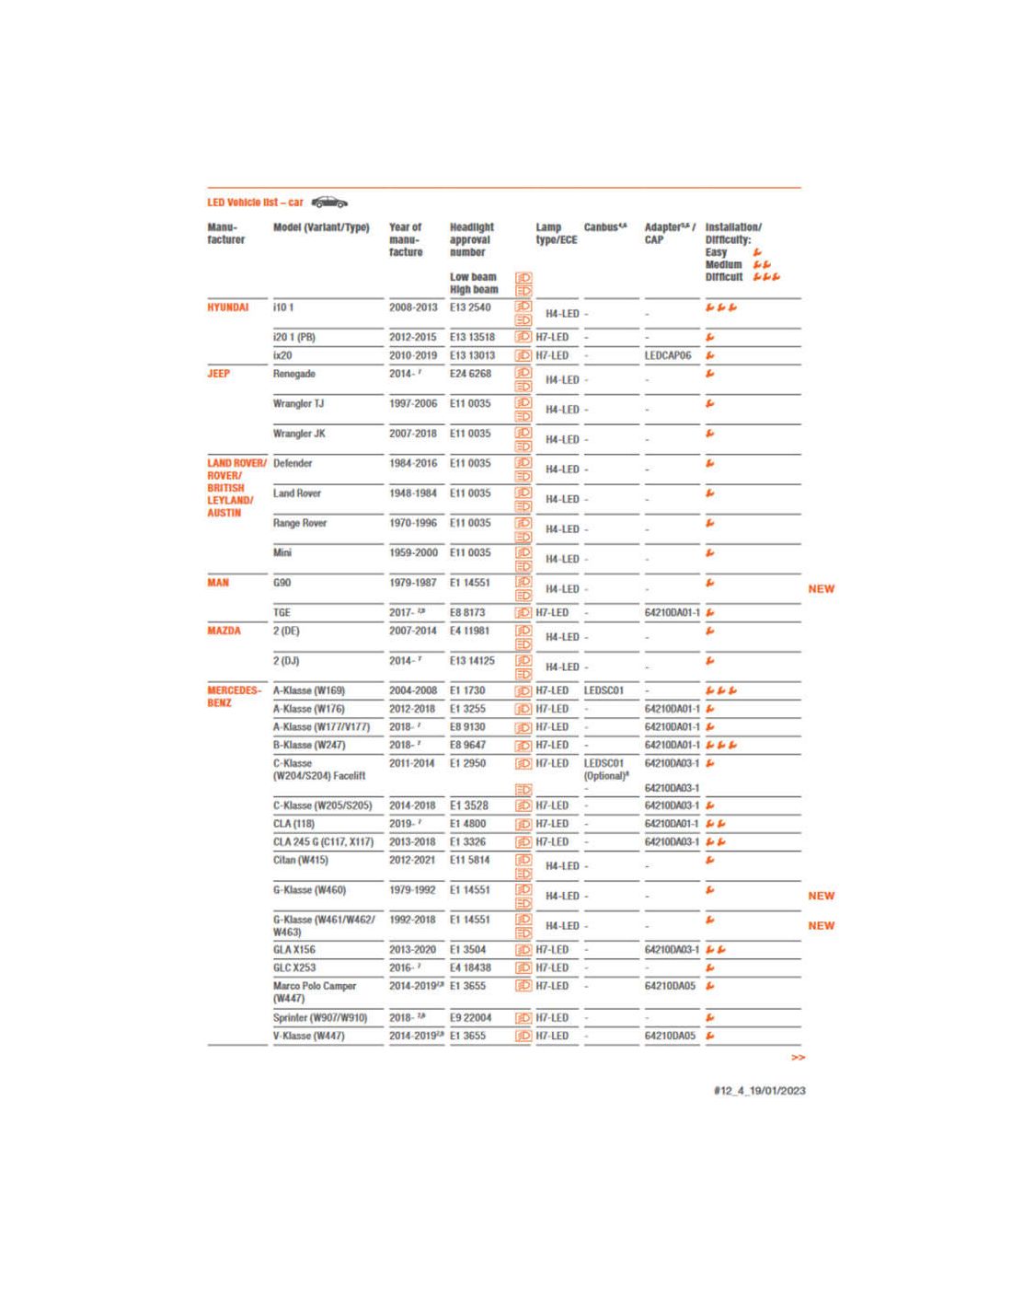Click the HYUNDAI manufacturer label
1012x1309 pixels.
(x=227, y=307)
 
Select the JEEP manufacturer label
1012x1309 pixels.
(x=218, y=374)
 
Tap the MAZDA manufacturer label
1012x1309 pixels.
(x=224, y=631)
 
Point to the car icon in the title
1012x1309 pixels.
(x=329, y=203)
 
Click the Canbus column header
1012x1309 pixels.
(x=604, y=227)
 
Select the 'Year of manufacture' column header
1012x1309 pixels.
(x=406, y=239)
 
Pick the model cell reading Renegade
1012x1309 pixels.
(x=293, y=374)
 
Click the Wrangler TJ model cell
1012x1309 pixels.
(x=298, y=403)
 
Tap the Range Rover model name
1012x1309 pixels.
(x=300, y=523)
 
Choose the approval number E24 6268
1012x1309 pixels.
(x=470, y=374)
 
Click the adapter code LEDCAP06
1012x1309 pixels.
(x=667, y=355)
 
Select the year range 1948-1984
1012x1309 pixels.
(x=413, y=493)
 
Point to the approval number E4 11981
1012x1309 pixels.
(x=469, y=631)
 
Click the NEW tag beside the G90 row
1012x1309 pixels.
(x=821, y=589)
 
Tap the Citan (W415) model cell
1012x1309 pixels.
(x=300, y=860)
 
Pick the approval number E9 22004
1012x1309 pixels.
(x=470, y=1018)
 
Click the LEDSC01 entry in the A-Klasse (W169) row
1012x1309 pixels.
(x=604, y=690)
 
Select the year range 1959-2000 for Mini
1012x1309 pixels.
(x=413, y=552)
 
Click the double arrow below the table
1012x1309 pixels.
(x=798, y=1058)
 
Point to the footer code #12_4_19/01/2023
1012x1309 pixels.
(x=759, y=1091)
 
